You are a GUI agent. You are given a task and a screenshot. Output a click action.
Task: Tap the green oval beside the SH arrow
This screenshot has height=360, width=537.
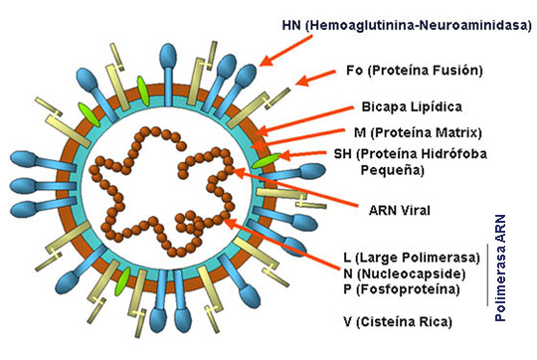coord(265,157)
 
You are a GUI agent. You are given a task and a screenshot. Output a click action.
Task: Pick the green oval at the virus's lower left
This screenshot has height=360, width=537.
coord(122,283)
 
